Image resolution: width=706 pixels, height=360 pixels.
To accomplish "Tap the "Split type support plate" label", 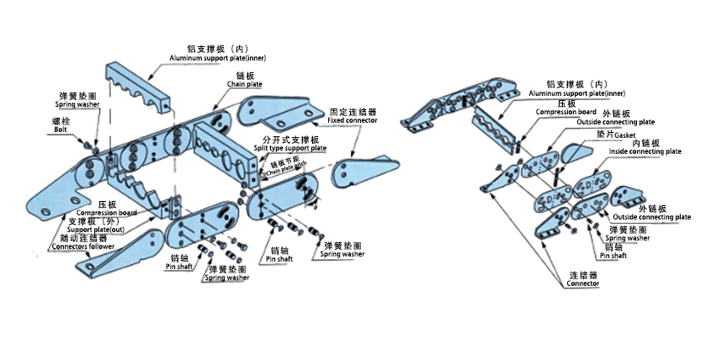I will pyautogui.click(x=290, y=148).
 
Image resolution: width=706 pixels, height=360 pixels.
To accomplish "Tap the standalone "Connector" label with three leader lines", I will pyautogui.click(x=582, y=283).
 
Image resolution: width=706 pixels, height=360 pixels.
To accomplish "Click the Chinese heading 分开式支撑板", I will pyautogui.click(x=290, y=139).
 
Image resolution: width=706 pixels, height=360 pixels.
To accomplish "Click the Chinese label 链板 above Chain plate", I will pyautogui.click(x=246, y=76).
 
